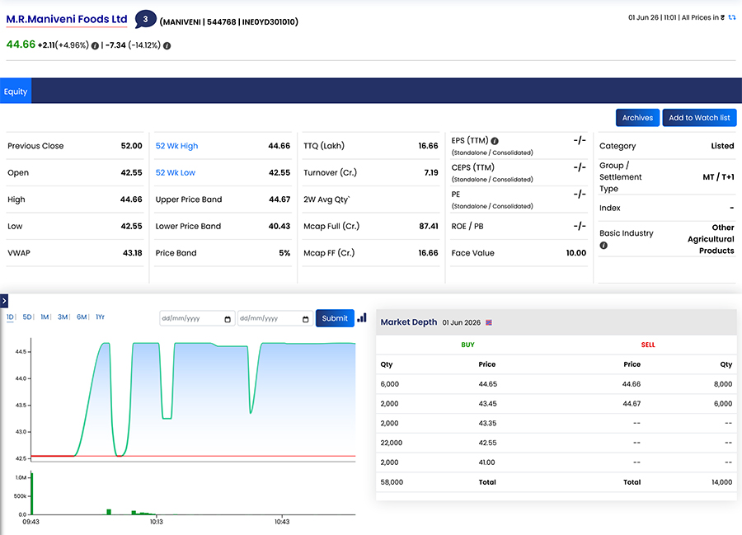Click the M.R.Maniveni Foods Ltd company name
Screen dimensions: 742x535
[x=67, y=20]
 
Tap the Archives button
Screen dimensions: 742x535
[x=637, y=118]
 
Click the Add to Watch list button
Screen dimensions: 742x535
[x=699, y=118]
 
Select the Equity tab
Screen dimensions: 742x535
[x=16, y=92]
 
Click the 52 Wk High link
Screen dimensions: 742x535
[x=177, y=146]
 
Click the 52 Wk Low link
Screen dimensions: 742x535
[x=176, y=172]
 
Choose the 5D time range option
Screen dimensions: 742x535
[x=27, y=317]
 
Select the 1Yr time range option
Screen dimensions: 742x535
[x=100, y=317]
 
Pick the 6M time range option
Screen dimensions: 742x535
[x=82, y=317]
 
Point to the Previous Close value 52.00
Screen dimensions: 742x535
[x=132, y=146]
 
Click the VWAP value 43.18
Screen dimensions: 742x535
[x=133, y=253]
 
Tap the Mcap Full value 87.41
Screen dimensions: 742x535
[x=429, y=226]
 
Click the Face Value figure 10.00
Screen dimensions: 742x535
[x=576, y=253]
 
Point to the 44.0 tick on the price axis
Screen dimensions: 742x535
[x=21, y=378]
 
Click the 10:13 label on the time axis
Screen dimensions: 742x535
[x=156, y=522]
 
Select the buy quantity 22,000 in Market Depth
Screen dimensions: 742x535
[x=392, y=443]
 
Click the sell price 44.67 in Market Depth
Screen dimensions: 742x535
[x=632, y=403]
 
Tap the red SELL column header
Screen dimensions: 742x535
[x=648, y=345]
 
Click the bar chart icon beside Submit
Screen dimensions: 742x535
[x=362, y=317]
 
